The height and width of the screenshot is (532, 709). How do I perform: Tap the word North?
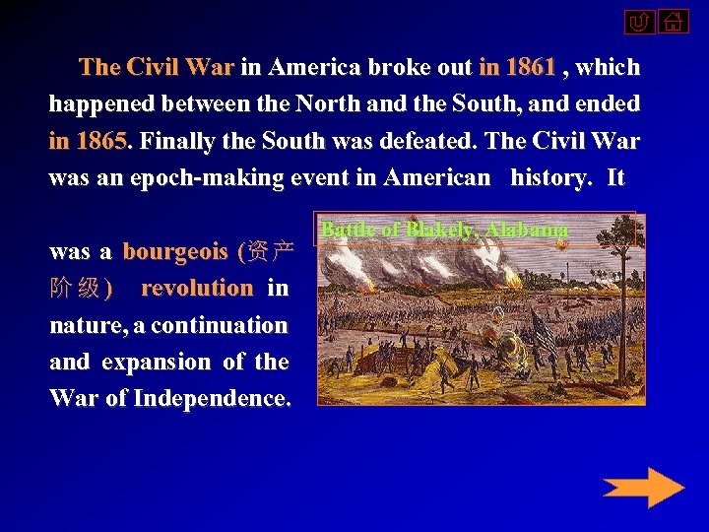378,103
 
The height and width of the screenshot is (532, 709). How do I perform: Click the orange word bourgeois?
175,251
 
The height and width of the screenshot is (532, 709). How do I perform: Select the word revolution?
197,288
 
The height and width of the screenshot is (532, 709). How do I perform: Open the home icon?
674,21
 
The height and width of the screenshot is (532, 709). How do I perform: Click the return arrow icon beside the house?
639,22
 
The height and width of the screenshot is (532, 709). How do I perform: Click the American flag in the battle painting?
542,329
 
